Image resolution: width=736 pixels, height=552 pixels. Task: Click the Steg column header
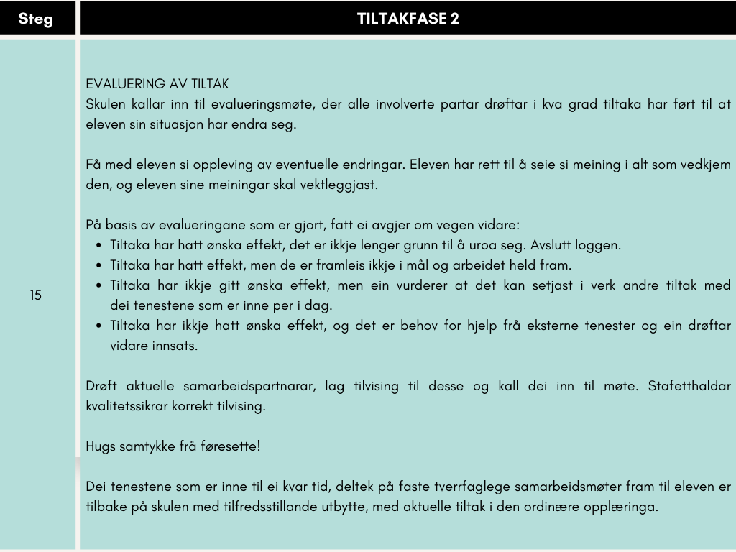(35, 19)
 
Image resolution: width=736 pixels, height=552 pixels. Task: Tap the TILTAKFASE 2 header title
(408, 19)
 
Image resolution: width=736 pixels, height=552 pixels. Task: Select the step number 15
(36, 295)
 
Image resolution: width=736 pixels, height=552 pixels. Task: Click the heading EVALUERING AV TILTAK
(157, 84)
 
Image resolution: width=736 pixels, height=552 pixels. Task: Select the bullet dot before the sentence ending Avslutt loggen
(99, 245)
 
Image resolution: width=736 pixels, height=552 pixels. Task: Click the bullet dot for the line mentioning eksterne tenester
(99, 326)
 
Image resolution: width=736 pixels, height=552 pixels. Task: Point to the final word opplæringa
(623, 507)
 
